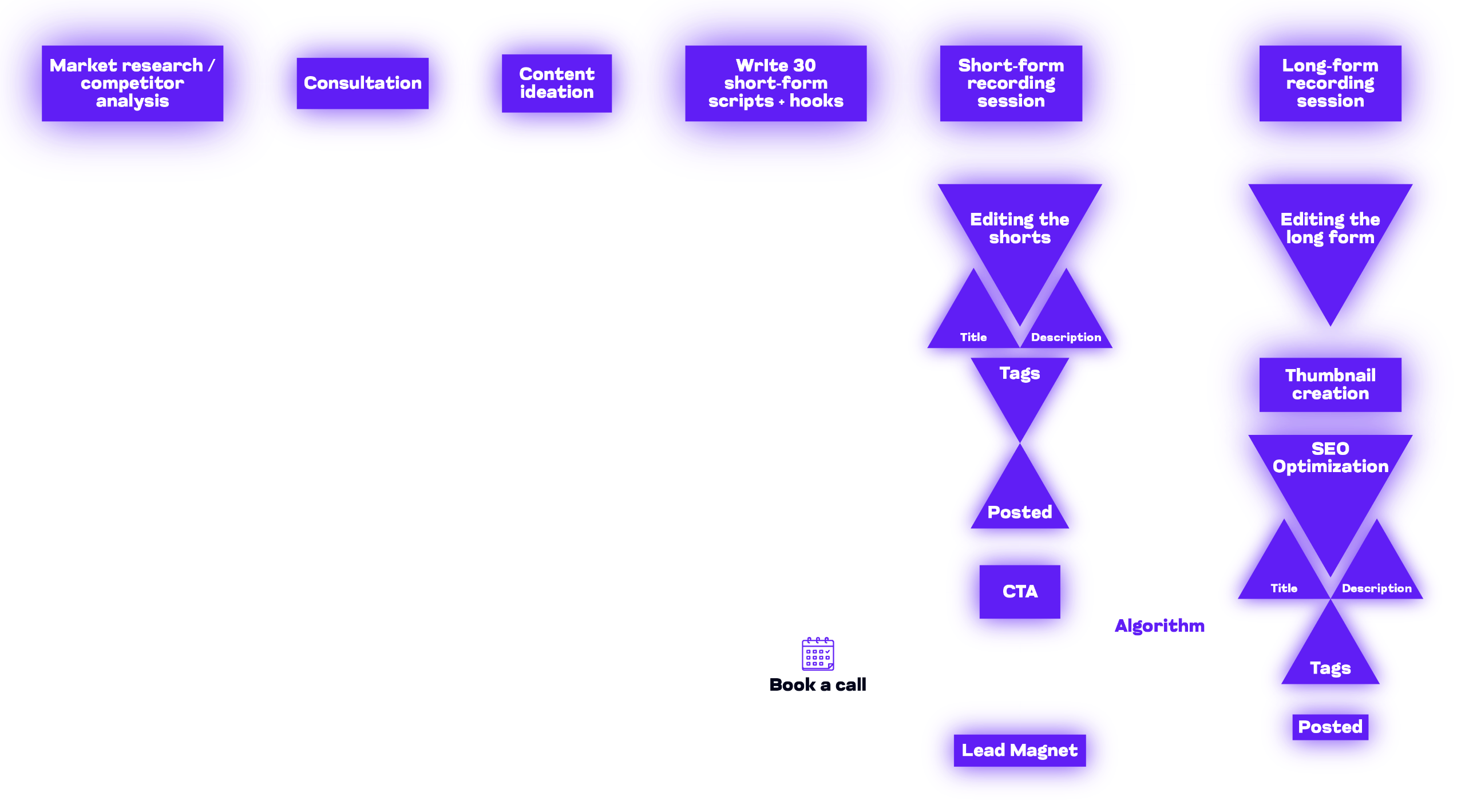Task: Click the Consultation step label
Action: pyautogui.click(x=362, y=83)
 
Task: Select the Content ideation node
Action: pyautogui.click(x=556, y=83)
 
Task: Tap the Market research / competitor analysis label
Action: pyautogui.click(x=132, y=83)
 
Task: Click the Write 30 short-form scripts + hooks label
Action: pyautogui.click(x=775, y=83)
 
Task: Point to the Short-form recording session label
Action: pyautogui.click(x=1011, y=83)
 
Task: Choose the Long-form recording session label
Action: pyautogui.click(x=1330, y=83)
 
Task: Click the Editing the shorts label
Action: pyautogui.click(x=1019, y=228)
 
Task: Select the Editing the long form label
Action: pyautogui.click(x=1330, y=228)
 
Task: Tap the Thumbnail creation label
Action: pyautogui.click(x=1330, y=384)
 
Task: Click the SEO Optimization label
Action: pyautogui.click(x=1330, y=457)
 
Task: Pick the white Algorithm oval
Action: pyautogui.click(x=1159, y=625)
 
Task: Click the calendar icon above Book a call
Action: pyautogui.click(x=818, y=653)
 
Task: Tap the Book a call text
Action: pyautogui.click(x=818, y=684)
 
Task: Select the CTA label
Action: pyautogui.click(x=1020, y=591)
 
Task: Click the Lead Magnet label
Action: pyautogui.click(x=1019, y=750)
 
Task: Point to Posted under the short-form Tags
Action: pyautogui.click(x=1019, y=512)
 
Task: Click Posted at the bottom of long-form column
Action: pyautogui.click(x=1330, y=727)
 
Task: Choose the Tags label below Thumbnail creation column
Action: pyautogui.click(x=1330, y=668)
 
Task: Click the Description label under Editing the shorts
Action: pyautogui.click(x=1066, y=337)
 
